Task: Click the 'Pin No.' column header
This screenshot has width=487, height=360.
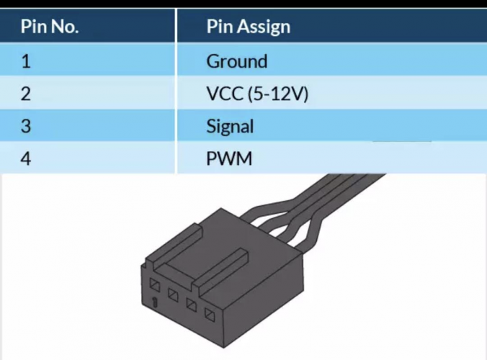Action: pyautogui.click(x=49, y=27)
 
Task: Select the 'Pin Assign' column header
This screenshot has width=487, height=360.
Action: pyautogui.click(x=248, y=27)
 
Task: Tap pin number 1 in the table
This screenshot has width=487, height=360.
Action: pyautogui.click(x=26, y=61)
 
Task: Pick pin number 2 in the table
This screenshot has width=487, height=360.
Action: pyautogui.click(x=26, y=94)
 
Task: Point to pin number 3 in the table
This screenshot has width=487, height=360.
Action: pyautogui.click(x=26, y=127)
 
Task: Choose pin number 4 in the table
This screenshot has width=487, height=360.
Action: pyautogui.click(x=26, y=158)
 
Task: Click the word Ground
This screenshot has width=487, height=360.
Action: pyautogui.click(x=236, y=61)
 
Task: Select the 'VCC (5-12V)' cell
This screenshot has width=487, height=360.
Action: pyautogui.click(x=257, y=94)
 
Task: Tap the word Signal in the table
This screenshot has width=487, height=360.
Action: pyautogui.click(x=230, y=127)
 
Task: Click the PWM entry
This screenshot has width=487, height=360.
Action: pyautogui.click(x=229, y=158)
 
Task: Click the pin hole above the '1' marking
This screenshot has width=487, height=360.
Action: pyautogui.click(x=154, y=286)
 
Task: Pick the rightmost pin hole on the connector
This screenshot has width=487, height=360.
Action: pyautogui.click(x=210, y=314)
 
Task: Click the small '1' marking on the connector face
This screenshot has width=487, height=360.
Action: pyautogui.click(x=155, y=302)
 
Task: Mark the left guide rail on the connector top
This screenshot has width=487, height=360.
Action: pyautogui.click(x=173, y=243)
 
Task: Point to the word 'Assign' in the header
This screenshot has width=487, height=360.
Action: pyautogui.click(x=266, y=27)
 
